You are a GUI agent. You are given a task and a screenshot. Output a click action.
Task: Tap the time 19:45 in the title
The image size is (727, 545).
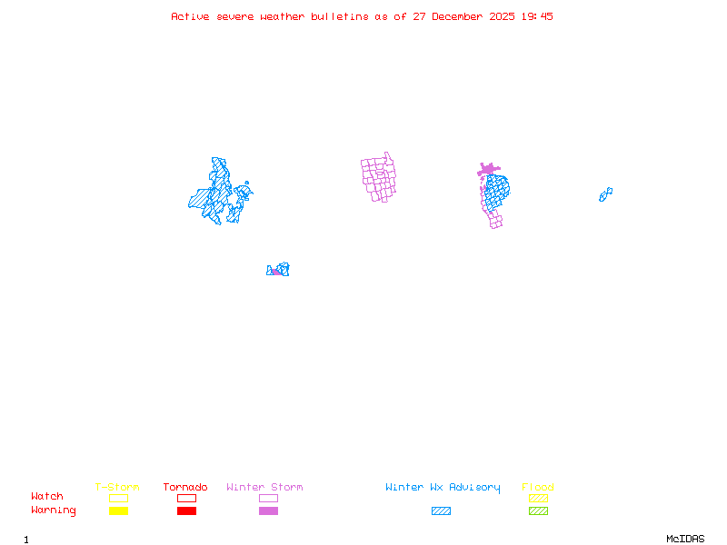coord(537,16)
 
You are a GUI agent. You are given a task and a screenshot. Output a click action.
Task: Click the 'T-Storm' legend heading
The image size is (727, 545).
coord(117,488)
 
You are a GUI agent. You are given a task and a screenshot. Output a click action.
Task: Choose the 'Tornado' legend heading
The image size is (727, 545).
coord(185,488)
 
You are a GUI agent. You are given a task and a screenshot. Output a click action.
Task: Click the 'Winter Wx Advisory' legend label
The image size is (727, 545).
coord(443,488)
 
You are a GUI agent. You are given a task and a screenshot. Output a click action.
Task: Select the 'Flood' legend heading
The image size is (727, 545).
coord(538,488)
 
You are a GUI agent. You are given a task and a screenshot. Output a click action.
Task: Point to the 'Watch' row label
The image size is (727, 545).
coord(47,497)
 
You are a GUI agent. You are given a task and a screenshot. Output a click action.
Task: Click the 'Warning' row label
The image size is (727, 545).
coord(54,510)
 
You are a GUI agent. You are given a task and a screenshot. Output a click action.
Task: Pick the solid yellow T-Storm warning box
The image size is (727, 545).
coord(118,511)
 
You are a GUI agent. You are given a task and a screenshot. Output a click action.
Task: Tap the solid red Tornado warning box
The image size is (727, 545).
coord(186,511)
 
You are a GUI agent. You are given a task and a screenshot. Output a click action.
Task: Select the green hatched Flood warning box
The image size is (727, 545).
coord(538,511)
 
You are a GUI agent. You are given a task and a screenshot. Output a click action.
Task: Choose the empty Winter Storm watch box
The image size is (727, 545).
coord(268,499)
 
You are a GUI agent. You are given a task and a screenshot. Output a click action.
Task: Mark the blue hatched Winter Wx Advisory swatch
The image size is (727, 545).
coord(441,511)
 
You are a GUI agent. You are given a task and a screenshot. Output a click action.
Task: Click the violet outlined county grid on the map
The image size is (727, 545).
coord(380,178)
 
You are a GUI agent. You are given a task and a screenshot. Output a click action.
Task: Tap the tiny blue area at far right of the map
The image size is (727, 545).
coord(605,194)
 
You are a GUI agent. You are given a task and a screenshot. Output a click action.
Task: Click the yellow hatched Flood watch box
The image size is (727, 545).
coord(538,499)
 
